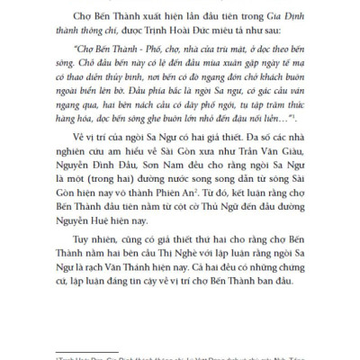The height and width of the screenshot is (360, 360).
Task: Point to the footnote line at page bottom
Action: [x=180, y=355]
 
